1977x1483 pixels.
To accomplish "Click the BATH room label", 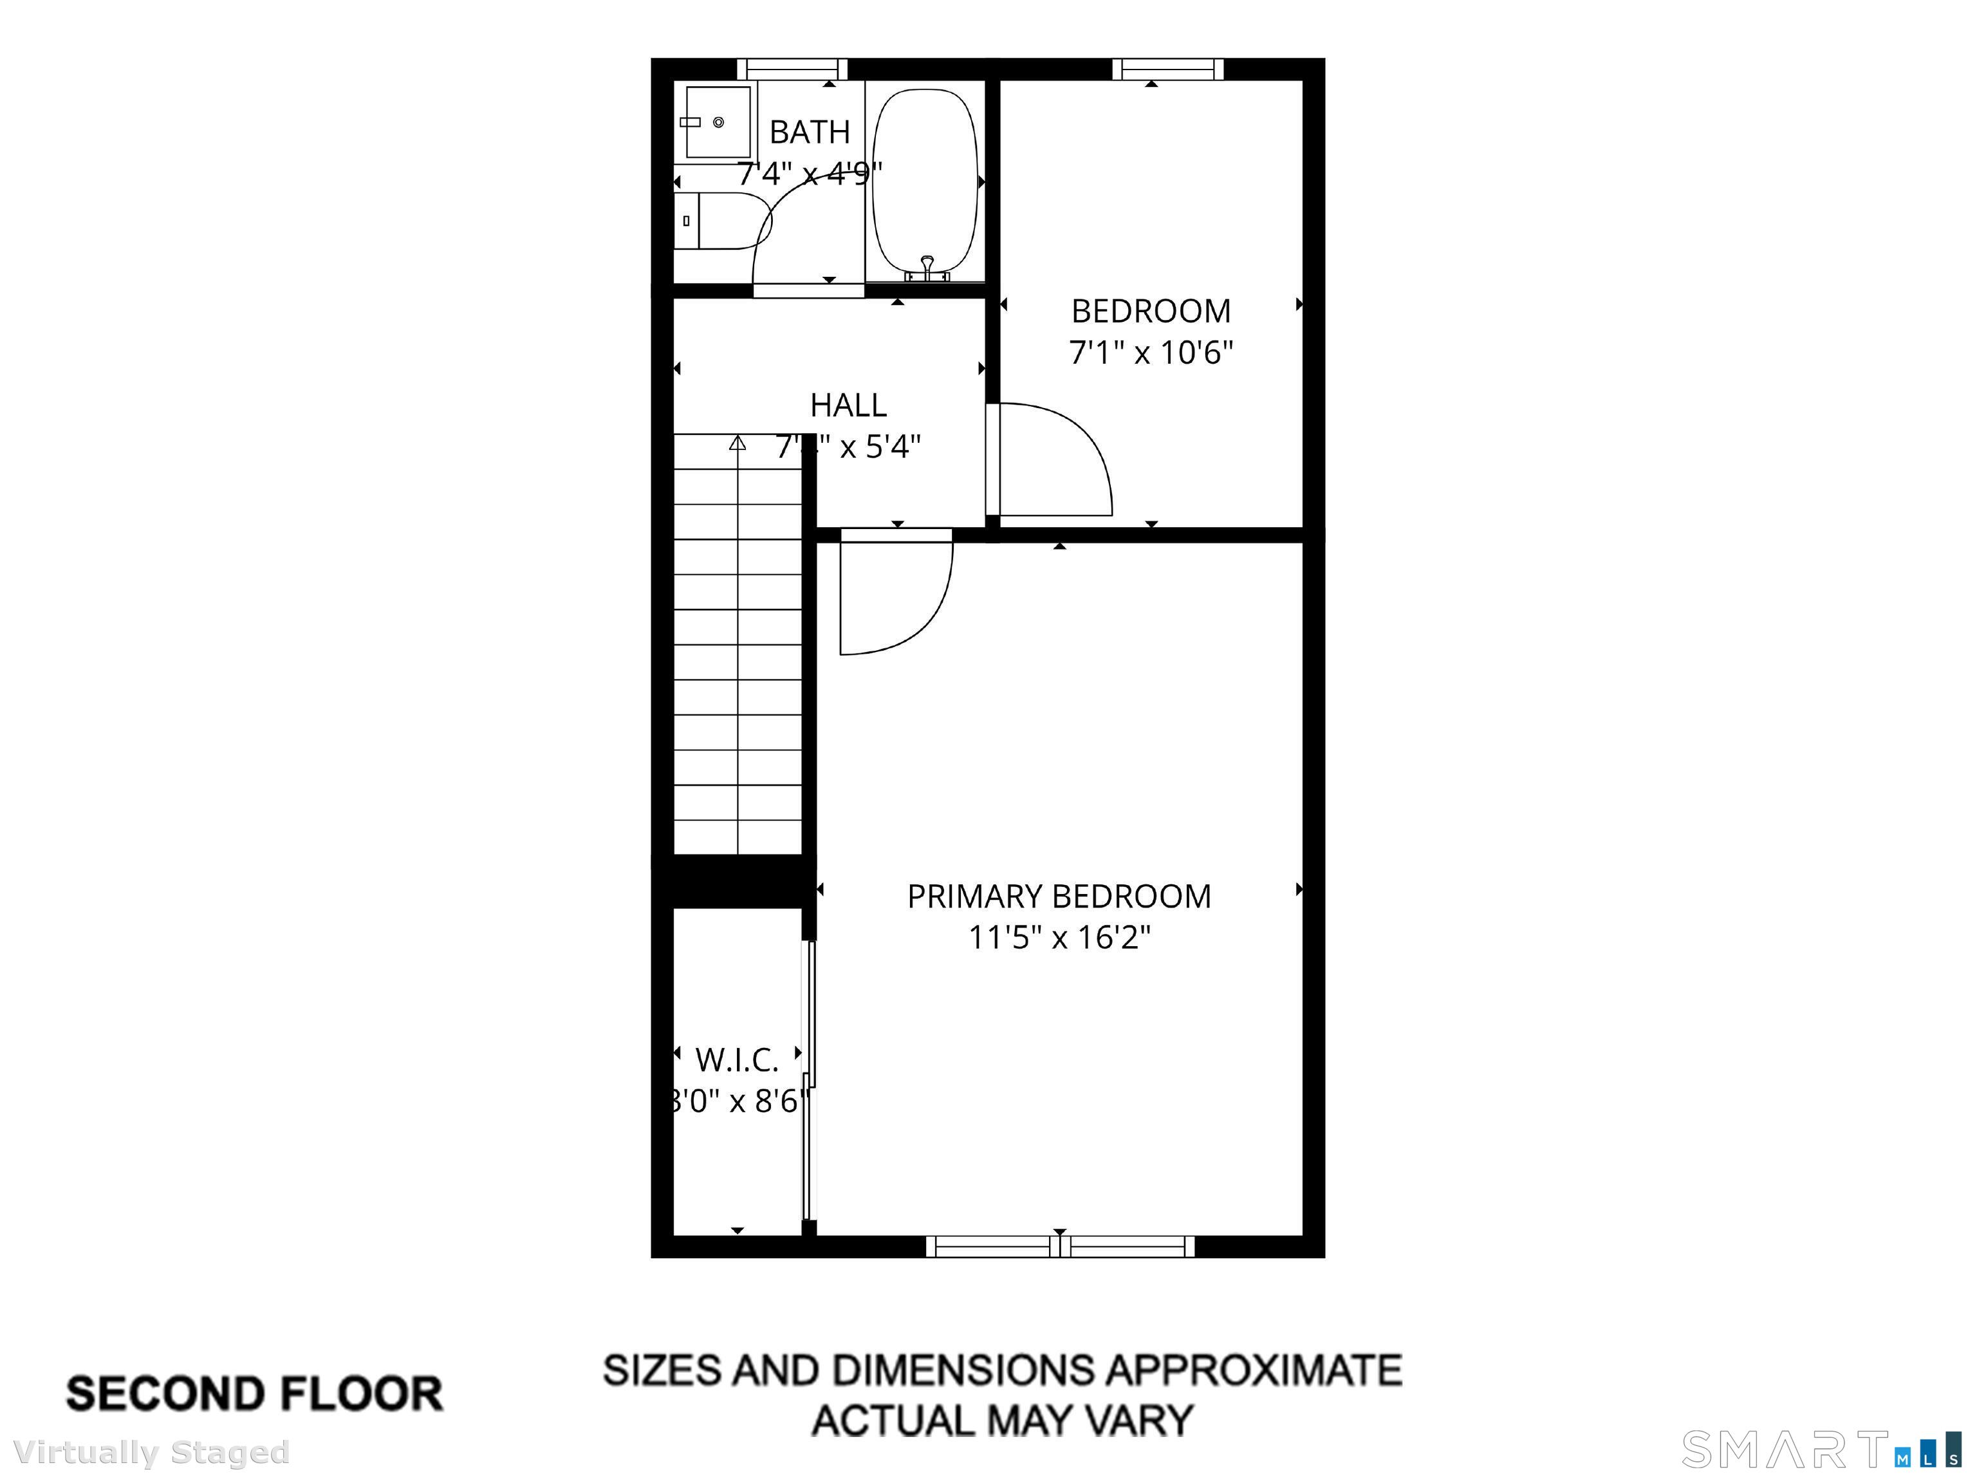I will pyautogui.click(x=809, y=133).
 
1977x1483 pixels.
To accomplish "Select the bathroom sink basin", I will pyautogui.click(x=717, y=122).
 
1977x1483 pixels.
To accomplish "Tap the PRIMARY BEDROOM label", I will pyautogui.click(x=1059, y=897).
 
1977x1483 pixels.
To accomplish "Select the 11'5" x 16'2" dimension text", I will pyautogui.click(x=1059, y=938).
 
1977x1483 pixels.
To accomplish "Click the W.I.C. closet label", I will pyautogui.click(x=736, y=1060).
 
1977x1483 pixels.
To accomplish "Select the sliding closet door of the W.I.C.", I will pyautogui.click(x=810, y=1081).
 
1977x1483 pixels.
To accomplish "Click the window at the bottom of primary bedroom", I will pyautogui.click(x=1060, y=1246).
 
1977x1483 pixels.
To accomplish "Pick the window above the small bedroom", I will pyautogui.click(x=1168, y=69).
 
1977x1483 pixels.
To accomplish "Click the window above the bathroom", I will pyautogui.click(x=792, y=69).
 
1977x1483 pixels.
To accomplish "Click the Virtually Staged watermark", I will pyautogui.click(x=152, y=1453).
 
